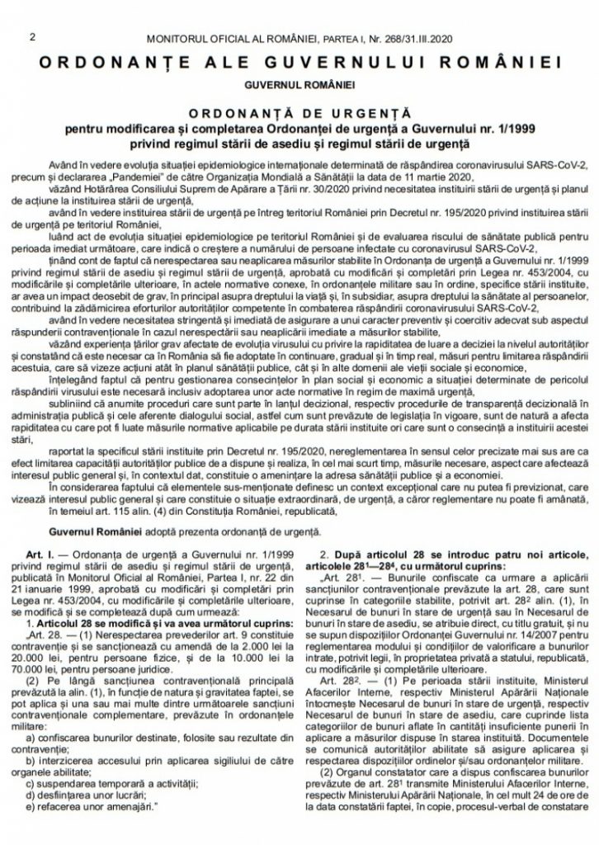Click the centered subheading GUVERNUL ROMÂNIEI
(299, 84)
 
